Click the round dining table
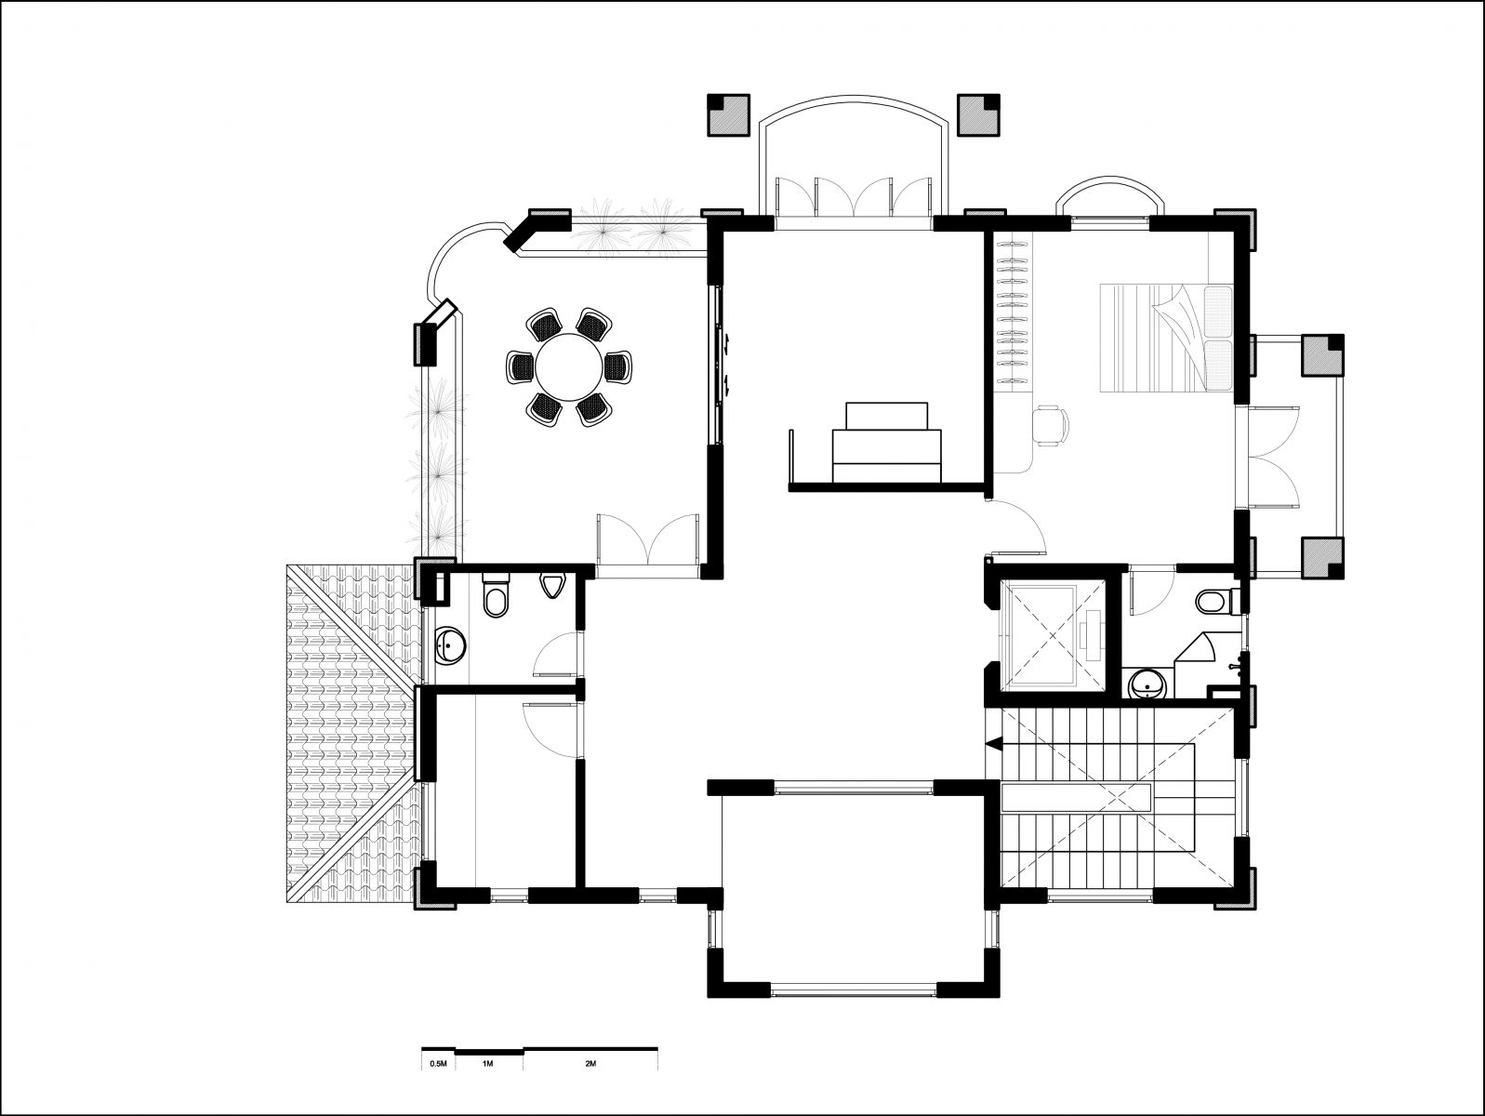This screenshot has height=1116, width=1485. [568, 368]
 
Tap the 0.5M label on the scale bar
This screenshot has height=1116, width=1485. [438, 1064]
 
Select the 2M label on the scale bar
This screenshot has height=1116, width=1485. [590, 1064]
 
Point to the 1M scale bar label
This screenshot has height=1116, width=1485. [487, 1064]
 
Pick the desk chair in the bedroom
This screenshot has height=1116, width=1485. [1049, 425]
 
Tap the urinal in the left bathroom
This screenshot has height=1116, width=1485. [552, 586]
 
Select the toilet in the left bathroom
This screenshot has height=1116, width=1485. [495, 594]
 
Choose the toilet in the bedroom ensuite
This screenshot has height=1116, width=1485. [1216, 601]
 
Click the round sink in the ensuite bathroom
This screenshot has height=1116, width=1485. [1147, 684]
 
